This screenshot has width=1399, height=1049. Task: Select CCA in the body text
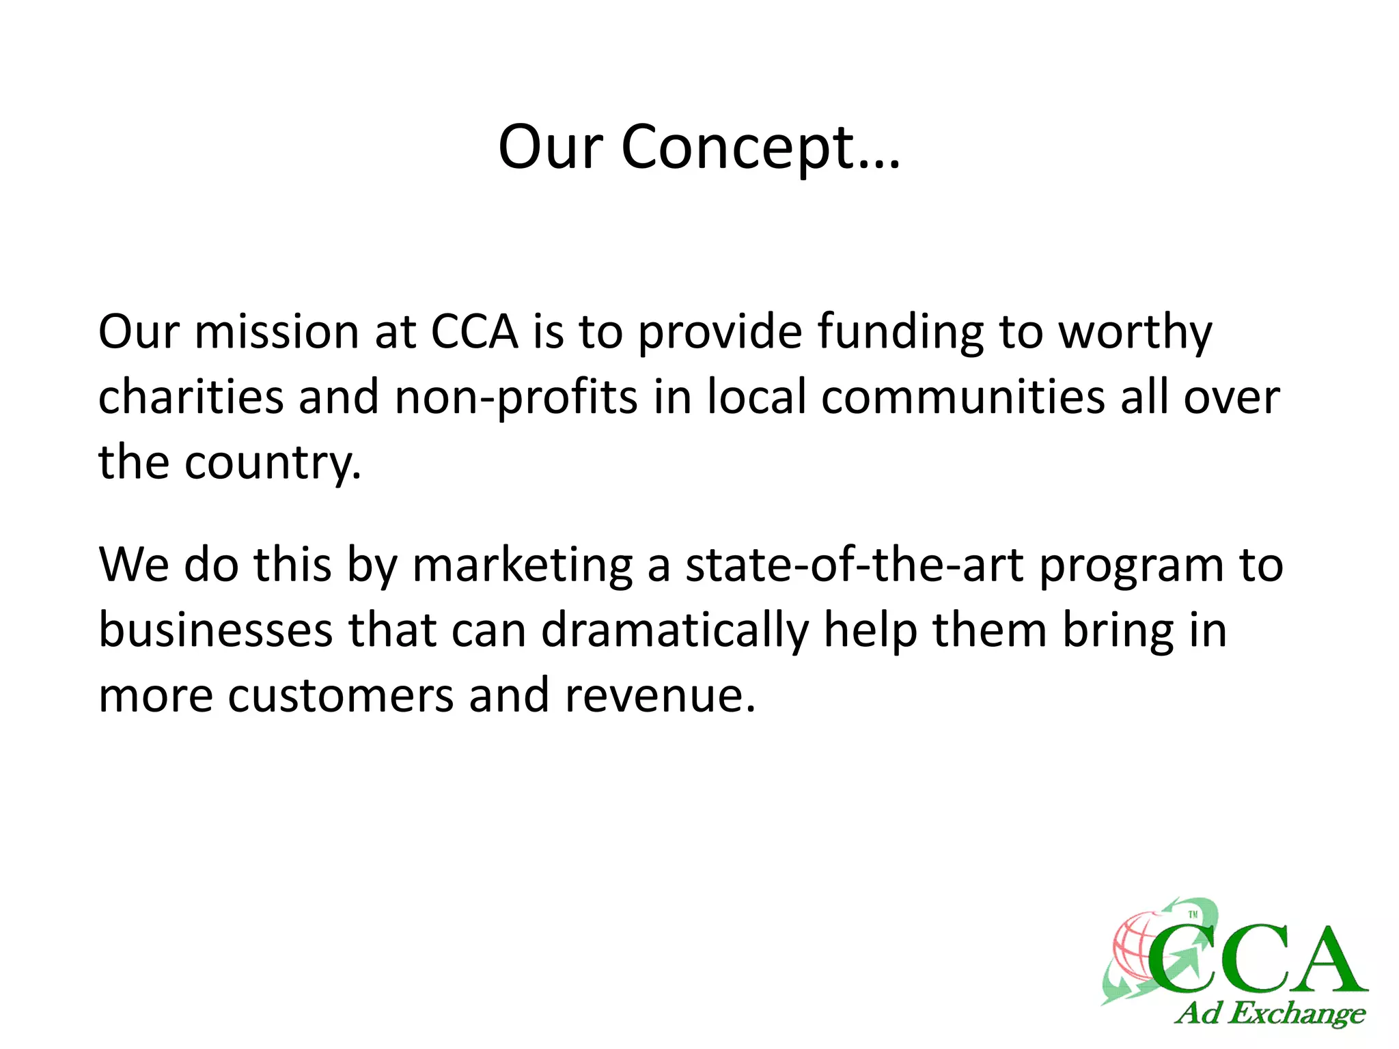(x=474, y=333)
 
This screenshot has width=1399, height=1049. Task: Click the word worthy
(x=1135, y=333)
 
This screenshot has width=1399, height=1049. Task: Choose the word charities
(x=191, y=397)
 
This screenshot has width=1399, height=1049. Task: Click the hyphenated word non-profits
(x=516, y=397)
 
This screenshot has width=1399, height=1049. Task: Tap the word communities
(x=962, y=397)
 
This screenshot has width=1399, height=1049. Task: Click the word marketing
(x=523, y=565)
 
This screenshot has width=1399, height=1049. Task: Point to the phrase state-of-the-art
(x=854, y=565)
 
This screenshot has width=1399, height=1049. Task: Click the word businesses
(x=216, y=630)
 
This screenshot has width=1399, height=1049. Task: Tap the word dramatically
(x=675, y=630)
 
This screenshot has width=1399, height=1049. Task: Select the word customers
(x=341, y=695)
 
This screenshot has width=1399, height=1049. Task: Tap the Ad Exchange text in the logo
(x=1270, y=1013)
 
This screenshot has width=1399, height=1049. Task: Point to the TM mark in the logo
(x=1193, y=914)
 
